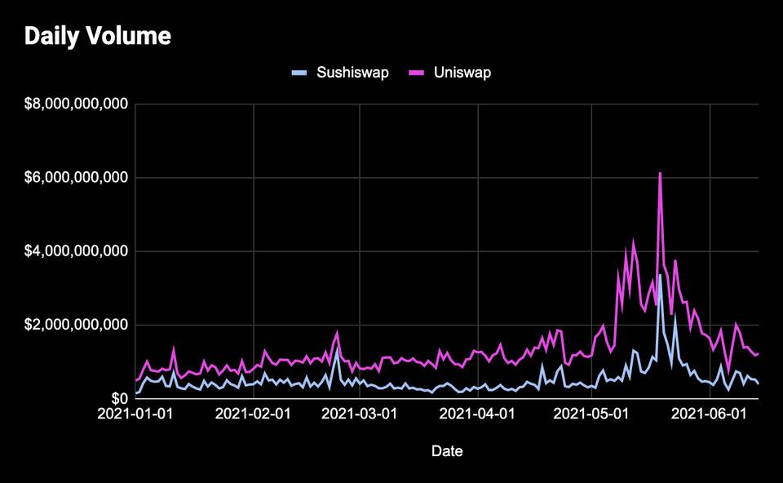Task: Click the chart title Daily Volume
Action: tap(97, 36)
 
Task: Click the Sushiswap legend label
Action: tap(352, 73)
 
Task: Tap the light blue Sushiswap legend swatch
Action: tap(299, 73)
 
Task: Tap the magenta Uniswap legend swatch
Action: tap(416, 73)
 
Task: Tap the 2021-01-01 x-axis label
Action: tap(136, 414)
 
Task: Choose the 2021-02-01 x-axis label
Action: tap(254, 414)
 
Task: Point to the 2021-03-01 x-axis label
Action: tap(360, 414)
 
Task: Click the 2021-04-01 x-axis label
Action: tap(477, 414)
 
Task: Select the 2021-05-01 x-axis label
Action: tap(591, 414)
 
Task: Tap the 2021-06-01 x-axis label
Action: tap(708, 414)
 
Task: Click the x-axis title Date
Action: tap(447, 450)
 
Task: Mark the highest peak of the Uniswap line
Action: tap(660, 174)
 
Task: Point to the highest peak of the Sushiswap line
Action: tap(660, 275)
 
